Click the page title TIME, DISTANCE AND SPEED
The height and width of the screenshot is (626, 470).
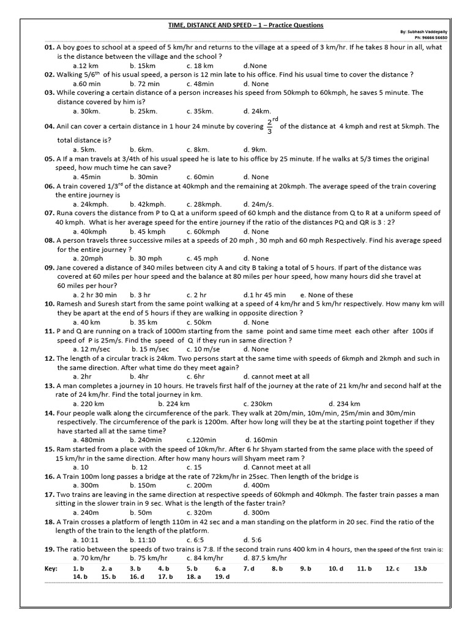pos(245,25)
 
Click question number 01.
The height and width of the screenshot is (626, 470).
pos(49,47)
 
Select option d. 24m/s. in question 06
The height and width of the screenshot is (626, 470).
pos(257,204)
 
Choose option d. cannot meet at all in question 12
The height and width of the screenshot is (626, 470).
pos(276,377)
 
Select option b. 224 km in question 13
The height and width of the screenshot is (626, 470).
pos(174,403)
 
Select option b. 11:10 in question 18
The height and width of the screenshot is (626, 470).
pos(143,540)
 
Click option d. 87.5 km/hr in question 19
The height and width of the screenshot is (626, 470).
pos(265,558)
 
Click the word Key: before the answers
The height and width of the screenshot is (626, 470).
pos(51,569)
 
